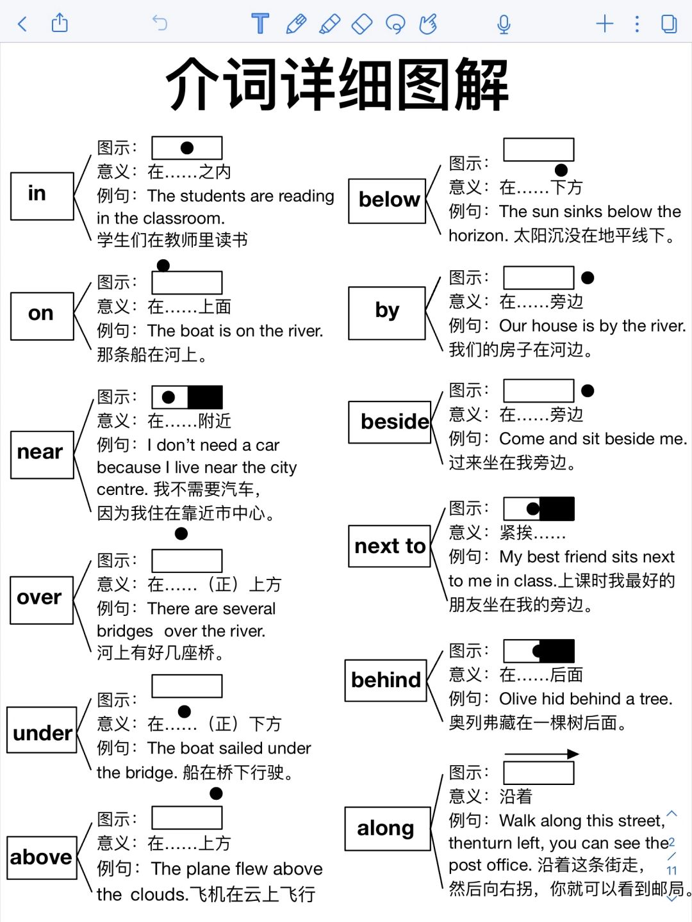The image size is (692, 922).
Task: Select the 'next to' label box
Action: (x=390, y=546)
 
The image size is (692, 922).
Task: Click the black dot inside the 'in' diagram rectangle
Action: (x=187, y=148)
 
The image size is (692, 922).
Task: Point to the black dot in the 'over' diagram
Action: (x=181, y=533)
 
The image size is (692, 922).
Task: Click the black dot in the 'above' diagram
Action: (x=216, y=793)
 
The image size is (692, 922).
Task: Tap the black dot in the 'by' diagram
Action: (x=588, y=278)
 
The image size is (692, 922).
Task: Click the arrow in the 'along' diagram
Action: (x=541, y=754)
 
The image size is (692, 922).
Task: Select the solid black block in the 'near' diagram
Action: (x=205, y=397)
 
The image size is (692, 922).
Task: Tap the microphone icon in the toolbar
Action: (x=504, y=24)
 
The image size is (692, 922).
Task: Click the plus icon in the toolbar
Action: (x=605, y=24)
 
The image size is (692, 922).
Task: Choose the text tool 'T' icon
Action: (x=260, y=23)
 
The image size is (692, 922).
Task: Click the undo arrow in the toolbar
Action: (x=160, y=23)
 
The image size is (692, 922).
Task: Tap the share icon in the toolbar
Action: (x=60, y=22)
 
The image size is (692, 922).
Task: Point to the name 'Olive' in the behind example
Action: (x=518, y=699)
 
